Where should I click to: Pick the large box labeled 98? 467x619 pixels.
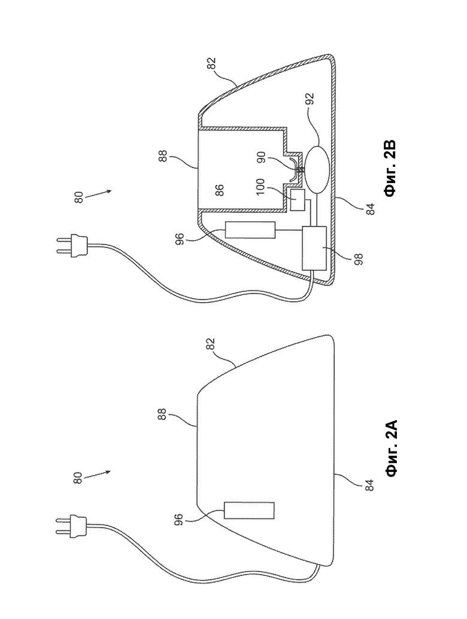pyautogui.click(x=314, y=248)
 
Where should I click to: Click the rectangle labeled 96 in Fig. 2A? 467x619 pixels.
pyautogui.click(x=249, y=510)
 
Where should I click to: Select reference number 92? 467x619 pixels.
pyautogui.click(x=310, y=99)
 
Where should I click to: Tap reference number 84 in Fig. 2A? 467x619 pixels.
pyautogui.click(x=369, y=485)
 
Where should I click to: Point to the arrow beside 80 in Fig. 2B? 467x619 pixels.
pyautogui.click(x=98, y=194)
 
